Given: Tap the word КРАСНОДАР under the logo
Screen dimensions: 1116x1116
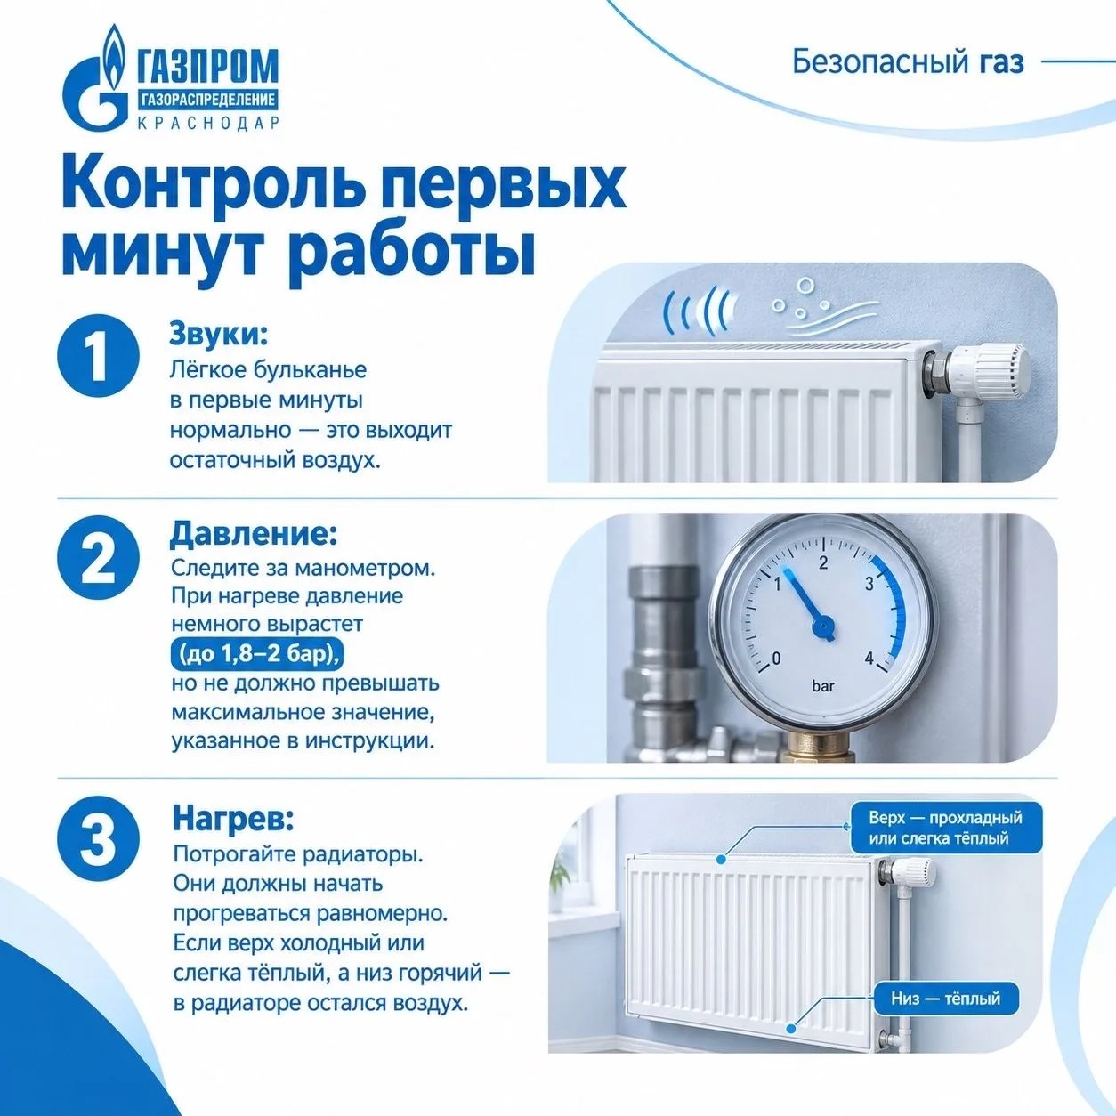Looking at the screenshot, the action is (x=208, y=124).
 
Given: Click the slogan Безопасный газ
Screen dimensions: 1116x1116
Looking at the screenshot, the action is (x=908, y=63).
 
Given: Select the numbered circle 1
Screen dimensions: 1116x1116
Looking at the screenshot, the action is (x=98, y=356).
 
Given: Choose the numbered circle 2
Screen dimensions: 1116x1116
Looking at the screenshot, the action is (x=98, y=557).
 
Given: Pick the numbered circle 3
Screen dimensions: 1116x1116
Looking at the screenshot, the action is (x=98, y=839).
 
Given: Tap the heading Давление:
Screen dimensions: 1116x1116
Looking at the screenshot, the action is (x=254, y=534).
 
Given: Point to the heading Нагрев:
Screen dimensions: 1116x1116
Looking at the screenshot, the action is (x=233, y=819).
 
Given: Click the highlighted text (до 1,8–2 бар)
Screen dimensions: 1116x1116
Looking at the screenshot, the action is (x=257, y=654).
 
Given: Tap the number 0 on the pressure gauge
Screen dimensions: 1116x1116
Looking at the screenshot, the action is (x=776, y=658).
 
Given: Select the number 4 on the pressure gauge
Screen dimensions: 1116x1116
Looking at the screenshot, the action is (x=869, y=659).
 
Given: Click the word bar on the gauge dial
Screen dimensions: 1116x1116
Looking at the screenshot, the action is (x=822, y=687).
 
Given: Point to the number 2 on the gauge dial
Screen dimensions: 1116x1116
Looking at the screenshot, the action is (x=823, y=562).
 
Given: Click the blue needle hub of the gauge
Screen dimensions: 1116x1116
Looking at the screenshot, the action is (x=823, y=627).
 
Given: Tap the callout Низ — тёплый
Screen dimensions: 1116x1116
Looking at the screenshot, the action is (x=945, y=998).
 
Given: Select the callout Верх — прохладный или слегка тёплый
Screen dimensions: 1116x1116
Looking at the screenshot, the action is (x=945, y=829).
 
